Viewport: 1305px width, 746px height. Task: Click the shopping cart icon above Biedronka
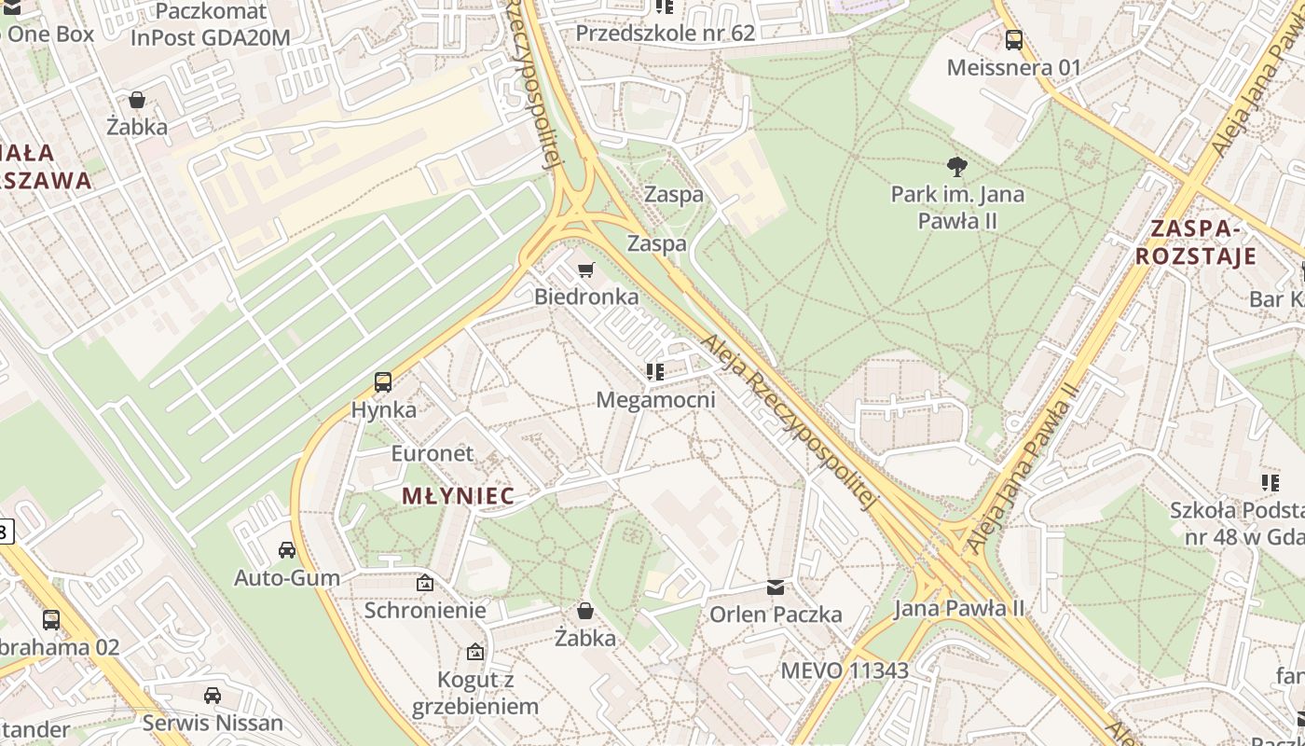pyautogui.click(x=585, y=270)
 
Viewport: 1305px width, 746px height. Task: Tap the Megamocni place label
pyautogui.click(x=655, y=400)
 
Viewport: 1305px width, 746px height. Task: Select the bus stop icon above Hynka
pyautogui.click(x=383, y=381)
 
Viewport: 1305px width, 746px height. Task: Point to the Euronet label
pyautogui.click(x=433, y=454)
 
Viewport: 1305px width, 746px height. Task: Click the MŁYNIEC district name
pyautogui.click(x=458, y=496)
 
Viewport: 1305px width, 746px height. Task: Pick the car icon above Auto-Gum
pyautogui.click(x=287, y=550)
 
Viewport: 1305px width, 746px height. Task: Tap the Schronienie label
pyautogui.click(x=425, y=611)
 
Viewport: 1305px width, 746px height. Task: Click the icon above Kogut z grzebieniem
pyautogui.click(x=475, y=652)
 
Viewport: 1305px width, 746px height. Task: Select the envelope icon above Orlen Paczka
pyautogui.click(x=776, y=587)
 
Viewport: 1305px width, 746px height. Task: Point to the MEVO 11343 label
pyautogui.click(x=845, y=670)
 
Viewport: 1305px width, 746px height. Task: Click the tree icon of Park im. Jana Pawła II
pyautogui.click(x=956, y=167)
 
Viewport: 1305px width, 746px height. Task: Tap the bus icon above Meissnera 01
pyautogui.click(x=1013, y=40)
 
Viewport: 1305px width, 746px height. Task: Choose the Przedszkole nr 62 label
pyautogui.click(x=665, y=34)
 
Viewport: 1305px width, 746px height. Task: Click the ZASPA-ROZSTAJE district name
pyautogui.click(x=1196, y=242)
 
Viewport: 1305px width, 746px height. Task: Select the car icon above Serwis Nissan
pyautogui.click(x=213, y=696)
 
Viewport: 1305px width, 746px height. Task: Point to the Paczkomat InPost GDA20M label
pyautogui.click(x=211, y=25)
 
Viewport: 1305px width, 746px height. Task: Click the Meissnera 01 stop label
pyautogui.click(x=1013, y=68)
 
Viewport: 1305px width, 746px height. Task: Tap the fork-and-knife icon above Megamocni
pyautogui.click(x=655, y=372)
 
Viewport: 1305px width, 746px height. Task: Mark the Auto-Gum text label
pyautogui.click(x=287, y=578)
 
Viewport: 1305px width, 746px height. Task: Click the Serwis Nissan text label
pyautogui.click(x=213, y=724)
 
